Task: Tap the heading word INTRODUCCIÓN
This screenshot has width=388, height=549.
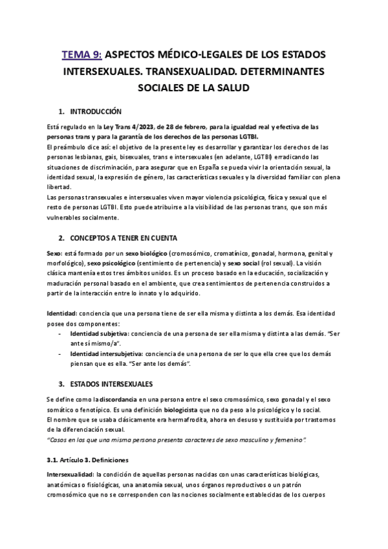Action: point(100,111)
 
